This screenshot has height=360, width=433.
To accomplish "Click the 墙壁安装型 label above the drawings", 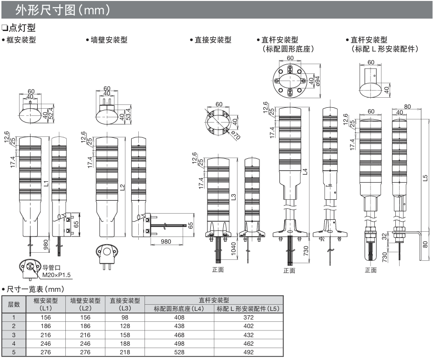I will pyautogui.click(x=109, y=41).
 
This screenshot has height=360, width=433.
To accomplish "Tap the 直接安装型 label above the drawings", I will pyautogui.click(x=213, y=41).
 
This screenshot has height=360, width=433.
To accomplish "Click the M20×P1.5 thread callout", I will pyautogui.click(x=56, y=275).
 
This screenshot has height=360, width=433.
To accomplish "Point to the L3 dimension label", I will pyautogui.click(x=234, y=196).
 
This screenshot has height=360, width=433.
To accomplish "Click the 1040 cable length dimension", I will pyautogui.click(x=234, y=248).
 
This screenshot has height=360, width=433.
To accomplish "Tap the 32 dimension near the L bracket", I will pyautogui.click(x=385, y=237).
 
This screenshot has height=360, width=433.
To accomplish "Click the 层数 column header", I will pyautogui.click(x=14, y=304).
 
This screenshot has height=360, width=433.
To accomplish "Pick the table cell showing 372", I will pyautogui.click(x=248, y=317).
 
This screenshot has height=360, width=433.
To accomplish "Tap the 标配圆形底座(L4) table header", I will pyautogui.click(x=179, y=309).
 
